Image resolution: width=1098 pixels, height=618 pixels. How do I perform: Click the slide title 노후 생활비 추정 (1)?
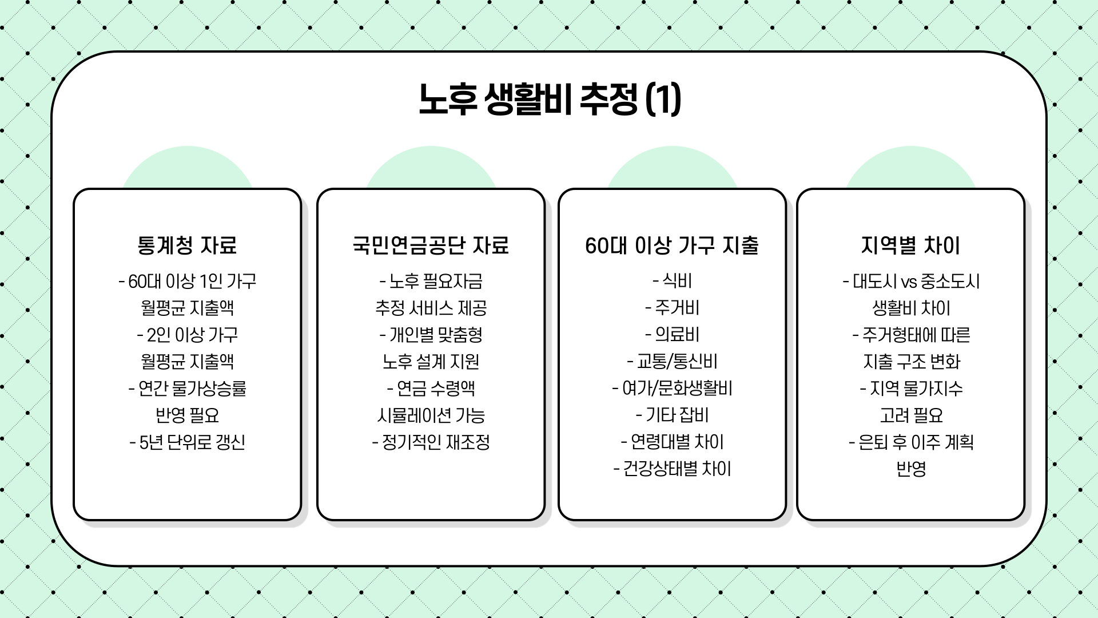pyautogui.click(x=549, y=99)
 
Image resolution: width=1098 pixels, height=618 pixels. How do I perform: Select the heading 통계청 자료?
pyautogui.click(x=187, y=245)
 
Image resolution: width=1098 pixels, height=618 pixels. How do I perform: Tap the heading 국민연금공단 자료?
pyautogui.click(x=431, y=245)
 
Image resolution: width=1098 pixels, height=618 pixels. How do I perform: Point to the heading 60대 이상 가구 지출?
pyautogui.click(x=672, y=245)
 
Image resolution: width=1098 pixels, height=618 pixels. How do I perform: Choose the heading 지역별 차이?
pyautogui.click(x=910, y=245)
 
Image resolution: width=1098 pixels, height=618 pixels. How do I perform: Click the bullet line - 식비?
pyautogui.click(x=672, y=281)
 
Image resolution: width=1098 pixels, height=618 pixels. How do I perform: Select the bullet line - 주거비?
pyautogui.click(x=672, y=308)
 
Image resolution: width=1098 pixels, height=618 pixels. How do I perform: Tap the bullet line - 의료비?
pyautogui.click(x=672, y=335)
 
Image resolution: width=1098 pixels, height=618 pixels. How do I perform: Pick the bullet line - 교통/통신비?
pyautogui.click(x=672, y=362)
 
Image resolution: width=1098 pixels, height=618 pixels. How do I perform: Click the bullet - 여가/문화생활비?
pyautogui.click(x=672, y=389)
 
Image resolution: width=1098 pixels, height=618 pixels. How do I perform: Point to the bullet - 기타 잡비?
pyautogui.click(x=672, y=415)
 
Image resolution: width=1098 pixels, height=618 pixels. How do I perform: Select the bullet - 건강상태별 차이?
pyautogui.click(x=672, y=469)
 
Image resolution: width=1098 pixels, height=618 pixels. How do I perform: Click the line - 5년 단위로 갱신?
pyautogui.click(x=187, y=442)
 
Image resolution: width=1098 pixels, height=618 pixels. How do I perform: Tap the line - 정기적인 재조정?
pyautogui.click(x=431, y=442)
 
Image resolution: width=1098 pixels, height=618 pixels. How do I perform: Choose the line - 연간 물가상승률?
pyautogui.click(x=187, y=389)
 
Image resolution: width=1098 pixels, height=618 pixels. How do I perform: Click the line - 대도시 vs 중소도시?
pyautogui.click(x=910, y=281)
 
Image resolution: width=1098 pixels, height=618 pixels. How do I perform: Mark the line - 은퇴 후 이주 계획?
pyautogui.click(x=910, y=442)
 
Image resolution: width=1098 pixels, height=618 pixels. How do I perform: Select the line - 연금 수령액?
pyautogui.click(x=431, y=389)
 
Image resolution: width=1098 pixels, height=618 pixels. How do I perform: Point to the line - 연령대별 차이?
pyautogui.click(x=672, y=442)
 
